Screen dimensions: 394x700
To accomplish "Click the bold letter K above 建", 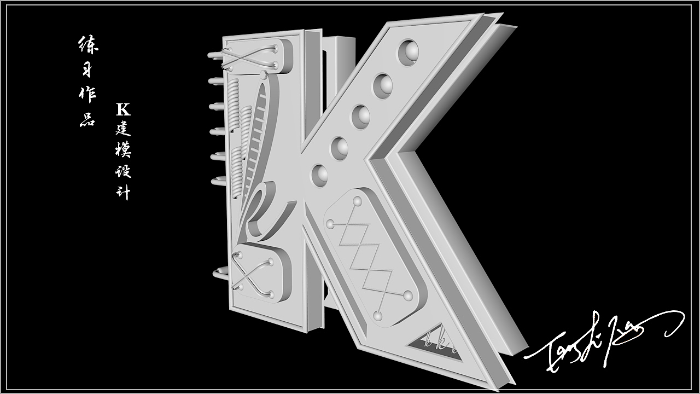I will (x=123, y=109).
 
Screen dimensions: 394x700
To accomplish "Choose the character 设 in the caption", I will (x=124, y=171).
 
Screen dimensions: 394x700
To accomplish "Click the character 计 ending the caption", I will (x=124, y=193).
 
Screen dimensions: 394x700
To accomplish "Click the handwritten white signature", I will (x=602, y=342).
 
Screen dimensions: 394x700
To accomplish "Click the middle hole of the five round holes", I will (x=361, y=117).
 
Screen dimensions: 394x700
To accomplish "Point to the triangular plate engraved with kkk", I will (x=435, y=344).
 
